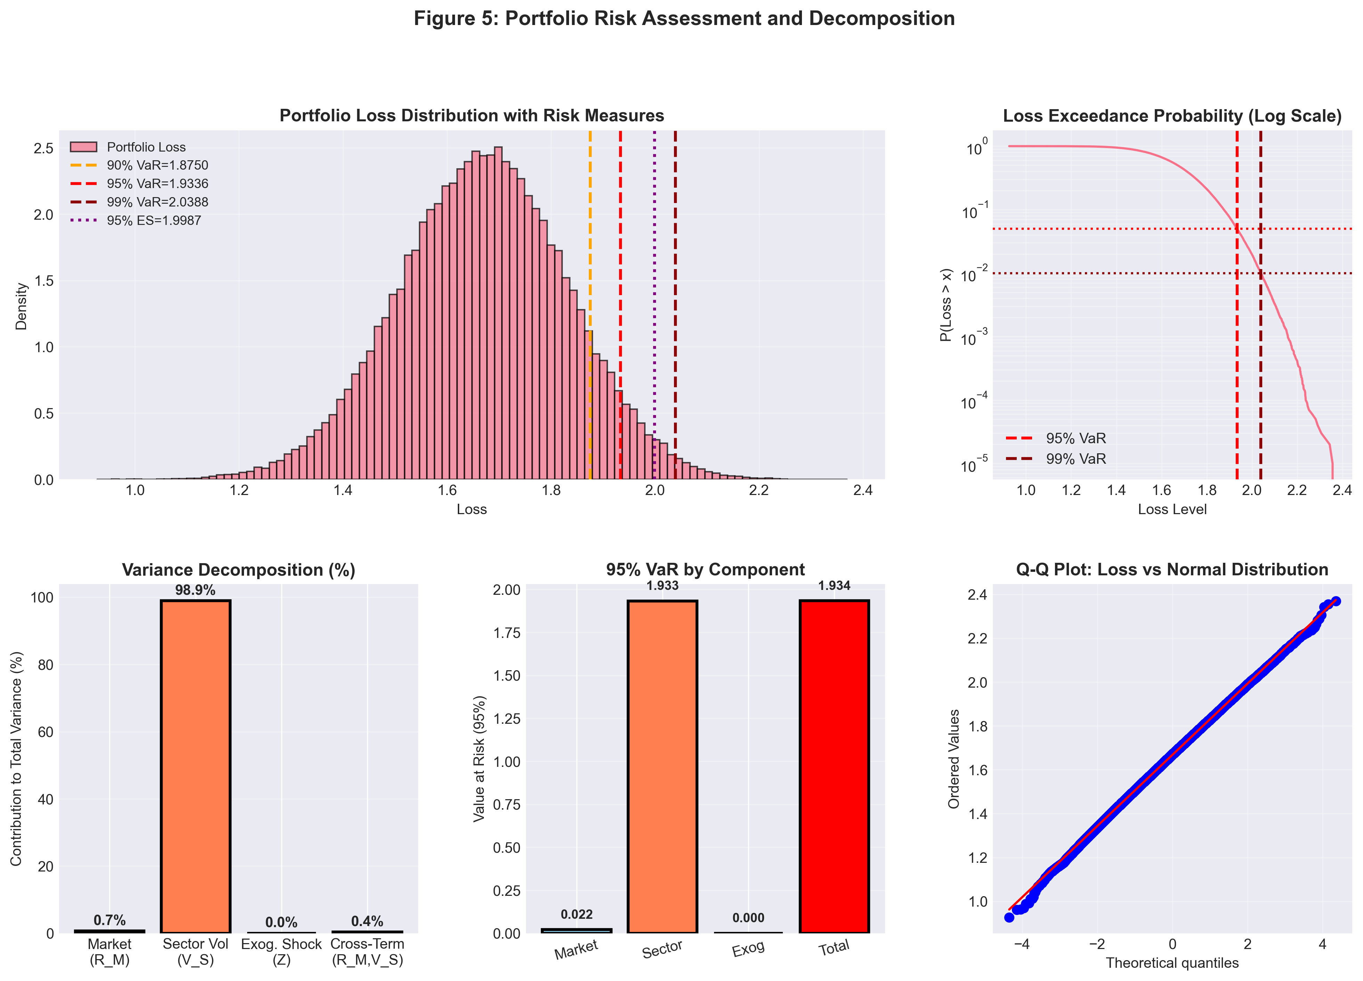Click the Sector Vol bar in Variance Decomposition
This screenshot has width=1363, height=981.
pyautogui.click(x=195, y=767)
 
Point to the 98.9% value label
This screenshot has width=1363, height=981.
pyautogui.click(x=195, y=590)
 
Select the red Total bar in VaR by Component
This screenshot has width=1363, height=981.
pyautogui.click(x=834, y=767)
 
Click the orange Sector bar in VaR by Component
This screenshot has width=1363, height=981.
pyautogui.click(x=662, y=767)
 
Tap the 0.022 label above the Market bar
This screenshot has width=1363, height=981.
pyautogui.click(x=576, y=914)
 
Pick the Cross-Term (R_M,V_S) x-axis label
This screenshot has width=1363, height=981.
pyautogui.click(x=367, y=951)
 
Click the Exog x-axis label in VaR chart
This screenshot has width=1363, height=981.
pyautogui.click(x=748, y=949)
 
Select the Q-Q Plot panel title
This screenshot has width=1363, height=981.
pyautogui.click(x=1172, y=569)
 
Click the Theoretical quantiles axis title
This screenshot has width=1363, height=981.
pyautogui.click(x=1172, y=963)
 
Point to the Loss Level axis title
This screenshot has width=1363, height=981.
pyautogui.click(x=1172, y=509)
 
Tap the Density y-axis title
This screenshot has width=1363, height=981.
pyautogui.click(x=22, y=307)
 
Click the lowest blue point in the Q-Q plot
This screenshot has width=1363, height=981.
pyautogui.click(x=1009, y=917)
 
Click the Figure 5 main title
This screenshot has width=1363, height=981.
pyautogui.click(x=684, y=19)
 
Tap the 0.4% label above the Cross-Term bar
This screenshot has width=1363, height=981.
pyautogui.click(x=367, y=921)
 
